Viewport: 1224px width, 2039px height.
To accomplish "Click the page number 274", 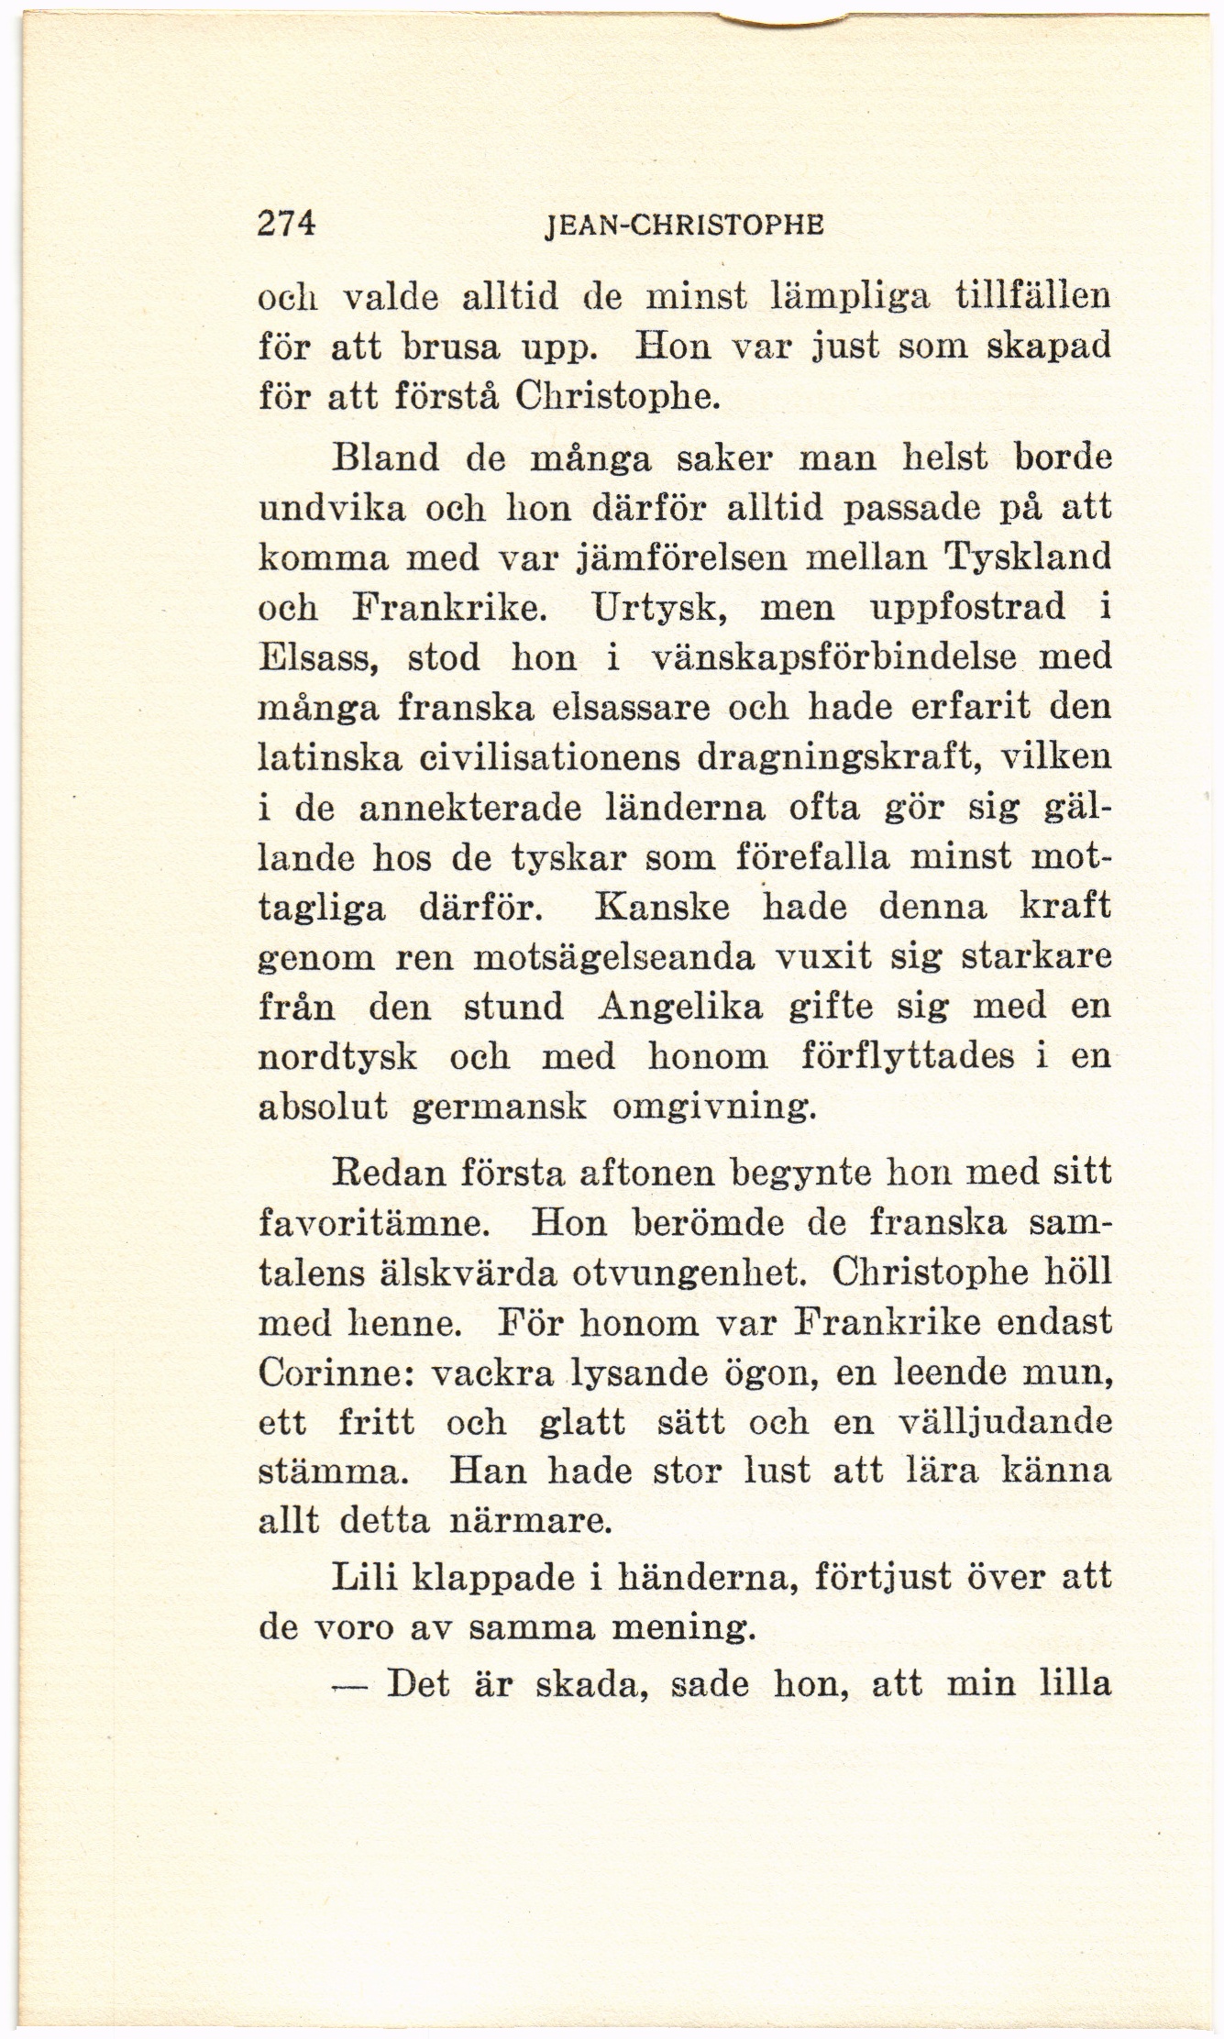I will click(x=286, y=224).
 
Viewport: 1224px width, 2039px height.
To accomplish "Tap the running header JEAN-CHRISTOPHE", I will click(x=682, y=226).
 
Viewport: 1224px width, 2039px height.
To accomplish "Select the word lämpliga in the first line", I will click(x=854, y=299).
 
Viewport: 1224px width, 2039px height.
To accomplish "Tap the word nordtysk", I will click(x=338, y=1058).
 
